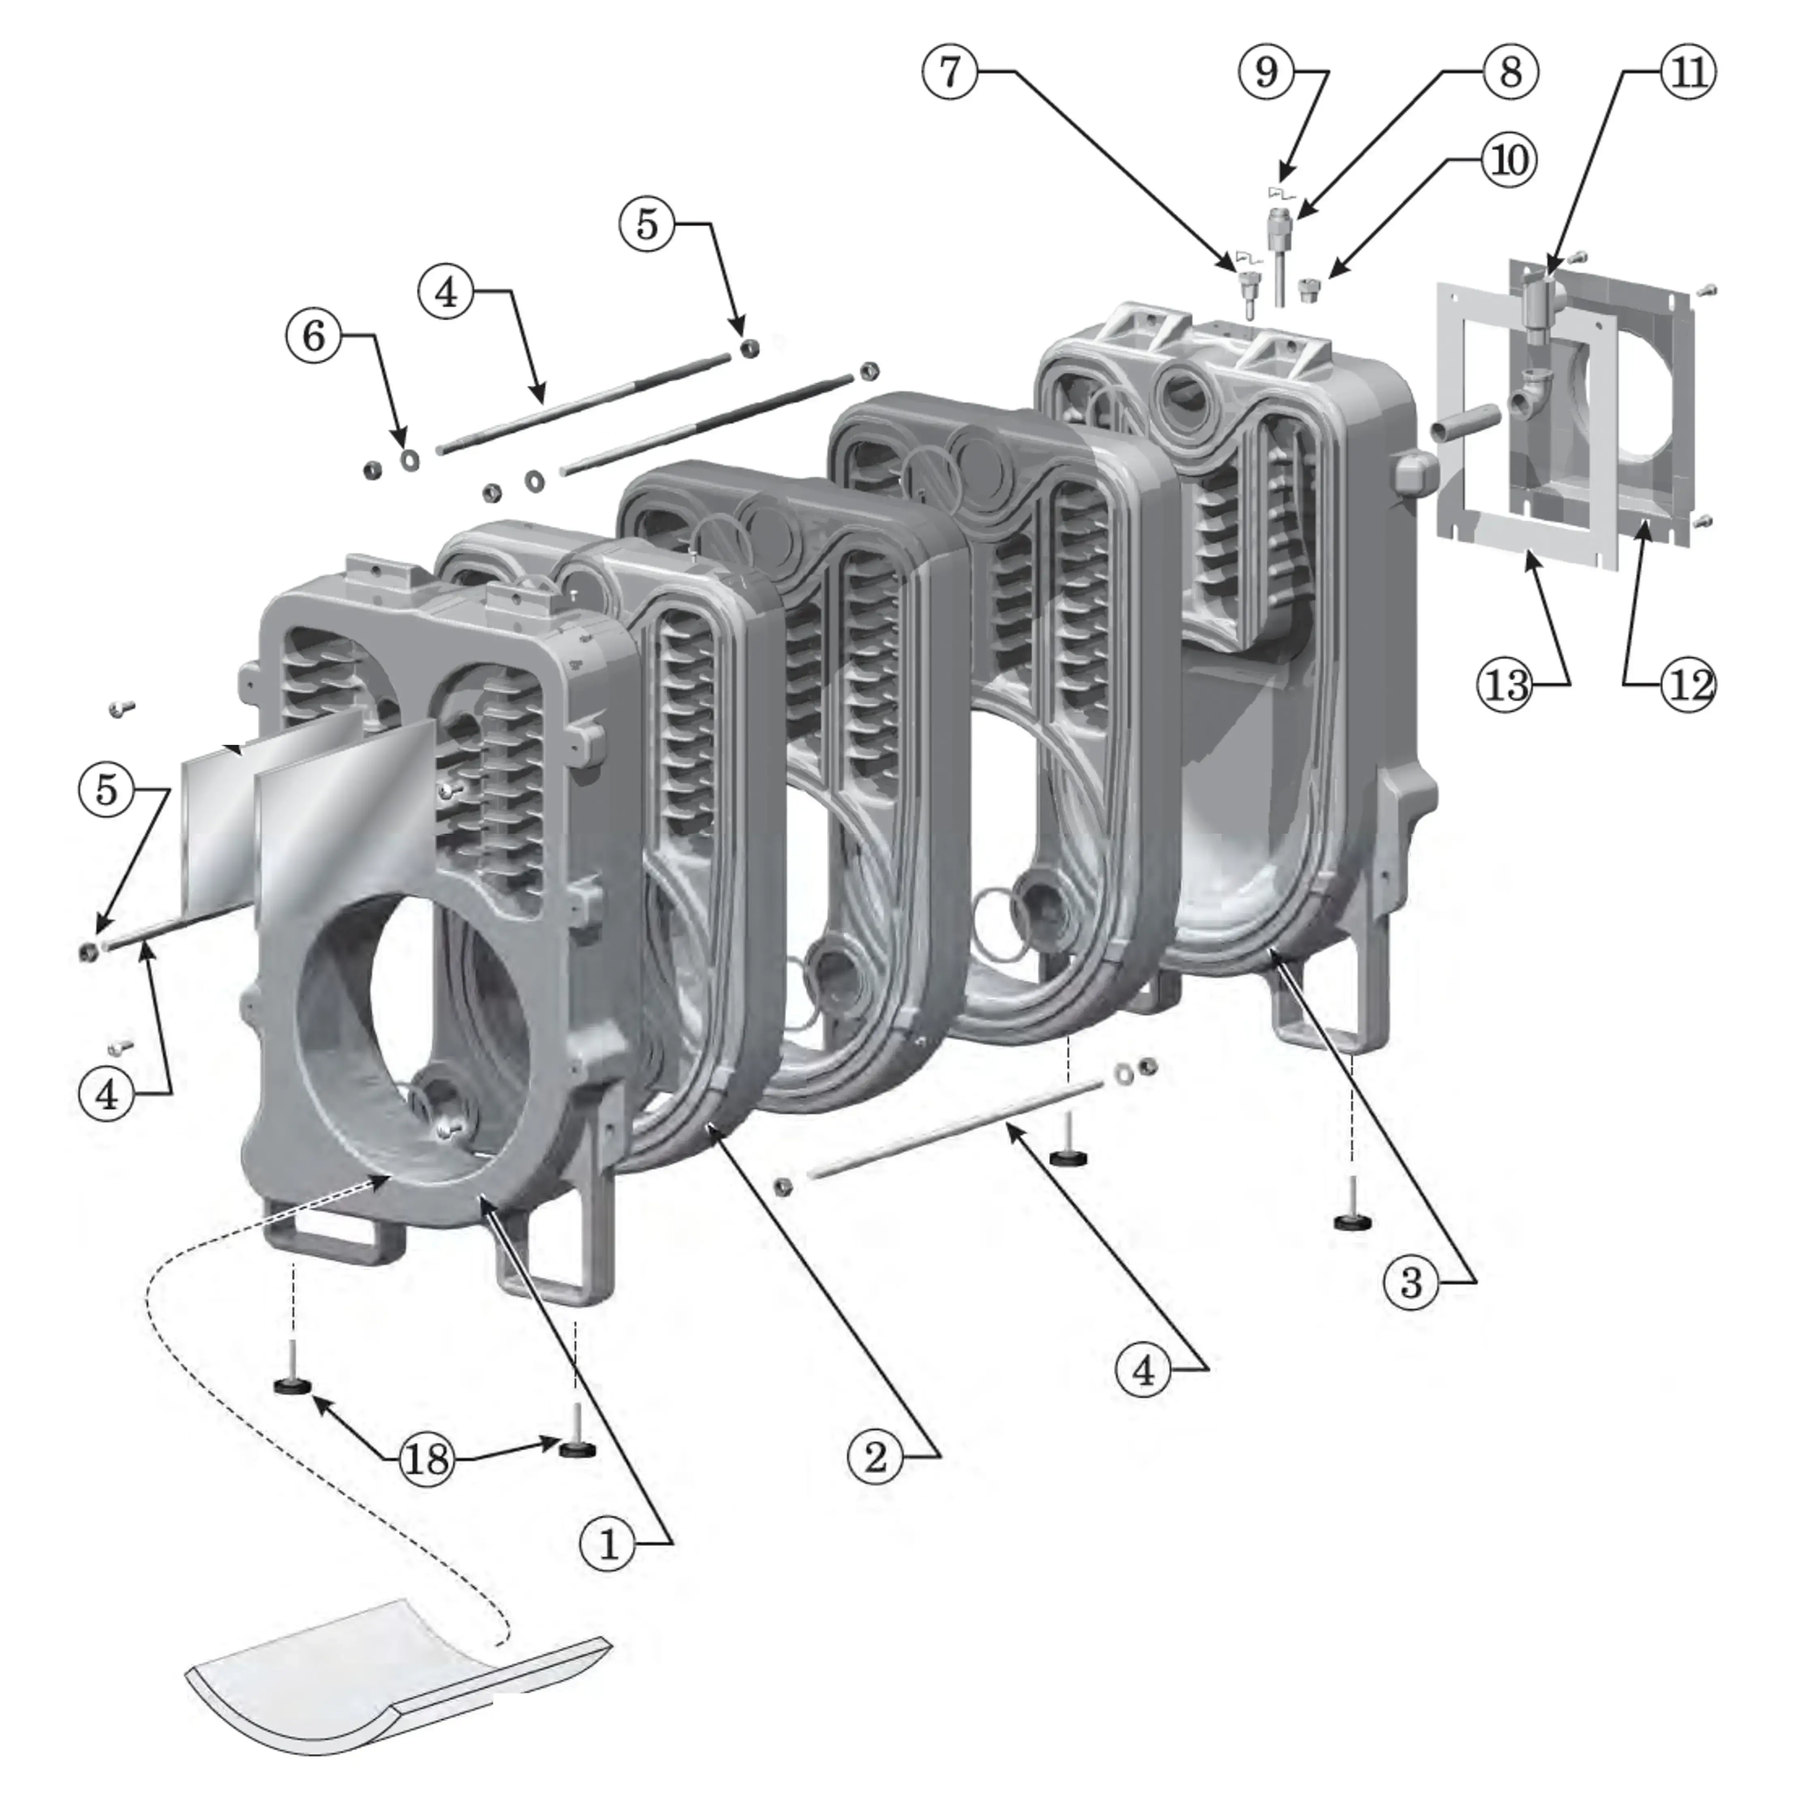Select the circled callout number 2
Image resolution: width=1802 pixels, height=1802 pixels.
tap(875, 1456)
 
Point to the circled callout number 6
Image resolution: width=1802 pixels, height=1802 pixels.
tap(313, 336)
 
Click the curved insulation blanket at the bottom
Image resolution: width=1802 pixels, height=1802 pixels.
tap(392, 1688)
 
